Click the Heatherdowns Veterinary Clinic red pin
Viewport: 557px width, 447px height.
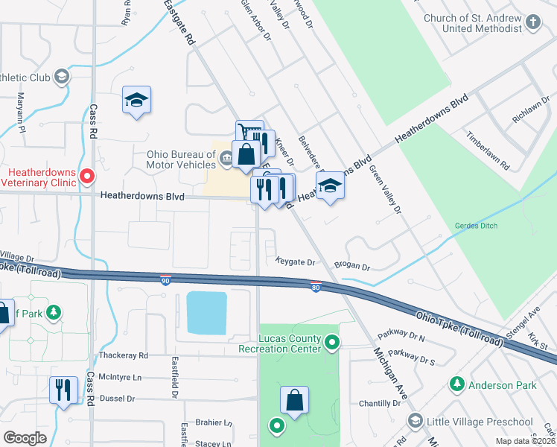coord(87,177)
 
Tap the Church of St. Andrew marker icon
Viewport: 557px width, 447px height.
coord(532,22)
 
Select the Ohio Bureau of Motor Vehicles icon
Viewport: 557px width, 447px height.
coord(226,156)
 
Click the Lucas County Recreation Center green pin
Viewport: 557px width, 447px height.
coord(333,343)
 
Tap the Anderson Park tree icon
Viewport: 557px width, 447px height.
coord(458,384)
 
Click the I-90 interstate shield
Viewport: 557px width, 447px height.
coord(165,279)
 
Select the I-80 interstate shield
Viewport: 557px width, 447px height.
coord(316,286)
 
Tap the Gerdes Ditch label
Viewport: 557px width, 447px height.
coord(475,226)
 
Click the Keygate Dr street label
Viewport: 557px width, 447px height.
coord(296,262)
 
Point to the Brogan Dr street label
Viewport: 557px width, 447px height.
coord(351,266)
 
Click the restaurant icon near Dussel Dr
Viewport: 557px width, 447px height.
coord(63,390)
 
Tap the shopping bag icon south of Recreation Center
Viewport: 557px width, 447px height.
coord(295,399)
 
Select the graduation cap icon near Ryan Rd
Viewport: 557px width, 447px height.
coord(137,101)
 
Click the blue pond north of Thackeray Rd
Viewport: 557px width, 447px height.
coord(206,312)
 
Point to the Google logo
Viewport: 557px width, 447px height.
coord(25,438)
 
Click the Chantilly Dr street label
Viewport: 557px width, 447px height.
coord(380,403)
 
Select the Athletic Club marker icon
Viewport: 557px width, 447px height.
coord(61,77)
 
